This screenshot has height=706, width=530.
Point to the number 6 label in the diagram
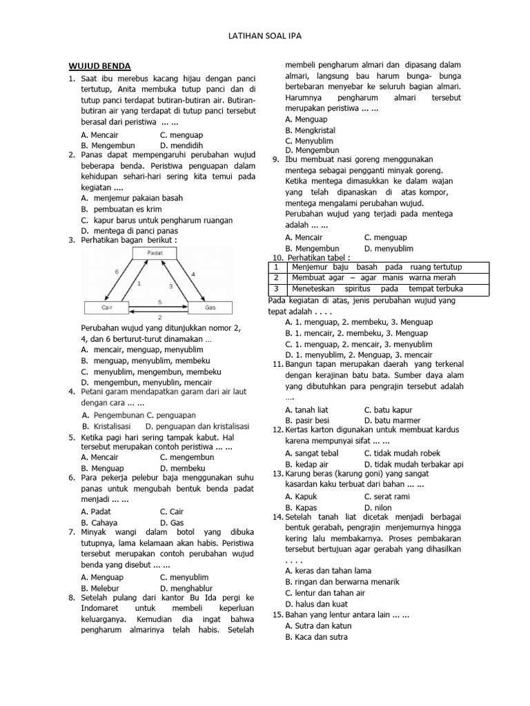pyautogui.click(x=117, y=272)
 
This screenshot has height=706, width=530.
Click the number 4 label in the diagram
pyautogui.click(x=193, y=274)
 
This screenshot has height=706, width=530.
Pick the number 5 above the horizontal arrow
pyautogui.click(x=160, y=301)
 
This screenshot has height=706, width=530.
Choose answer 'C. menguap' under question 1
pyautogui.click(x=181, y=135)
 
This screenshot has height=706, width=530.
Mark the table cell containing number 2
pyautogui.click(x=276, y=277)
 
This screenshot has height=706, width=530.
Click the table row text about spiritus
pyautogui.click(x=377, y=288)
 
